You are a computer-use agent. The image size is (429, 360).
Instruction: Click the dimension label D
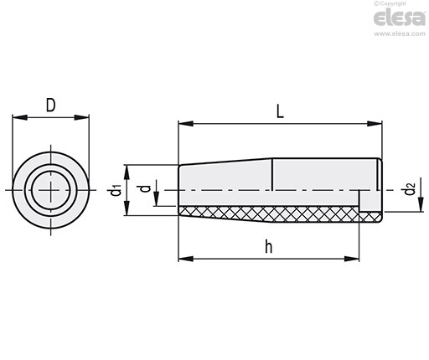tap(50, 105)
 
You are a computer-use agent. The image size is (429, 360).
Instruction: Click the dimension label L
tap(280, 111)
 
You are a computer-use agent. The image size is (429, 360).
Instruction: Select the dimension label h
tap(268, 247)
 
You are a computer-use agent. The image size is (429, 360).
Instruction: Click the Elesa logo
tap(400, 18)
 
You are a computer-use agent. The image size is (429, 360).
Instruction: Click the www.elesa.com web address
tap(400, 33)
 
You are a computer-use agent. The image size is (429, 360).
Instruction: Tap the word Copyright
tap(393, 3)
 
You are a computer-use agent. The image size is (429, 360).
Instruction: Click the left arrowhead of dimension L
tap(185, 123)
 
